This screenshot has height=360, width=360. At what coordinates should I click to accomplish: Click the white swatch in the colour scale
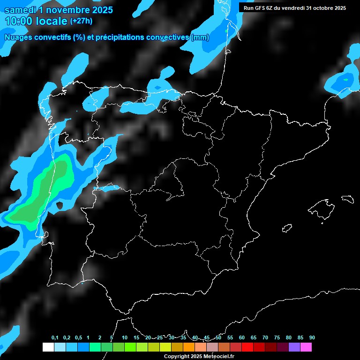(x=48, y=347)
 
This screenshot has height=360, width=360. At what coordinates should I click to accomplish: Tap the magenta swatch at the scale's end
(x=306, y=347)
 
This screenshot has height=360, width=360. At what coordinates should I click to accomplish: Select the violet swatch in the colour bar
(x=294, y=347)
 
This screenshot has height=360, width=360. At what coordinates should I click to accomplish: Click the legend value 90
(x=312, y=338)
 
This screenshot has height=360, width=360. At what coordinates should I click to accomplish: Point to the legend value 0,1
(x=55, y=338)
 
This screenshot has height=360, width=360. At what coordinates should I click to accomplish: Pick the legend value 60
(x=242, y=338)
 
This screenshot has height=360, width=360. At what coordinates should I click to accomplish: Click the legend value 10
(x=125, y=338)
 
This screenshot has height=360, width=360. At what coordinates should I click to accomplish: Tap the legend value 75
(x=277, y=338)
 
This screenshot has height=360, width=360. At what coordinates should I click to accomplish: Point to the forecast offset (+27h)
(x=81, y=21)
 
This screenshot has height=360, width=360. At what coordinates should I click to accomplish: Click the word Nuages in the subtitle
(x=19, y=37)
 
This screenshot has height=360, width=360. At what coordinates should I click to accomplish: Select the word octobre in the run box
(x=319, y=8)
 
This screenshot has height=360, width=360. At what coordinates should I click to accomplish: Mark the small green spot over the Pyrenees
(x=226, y=31)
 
